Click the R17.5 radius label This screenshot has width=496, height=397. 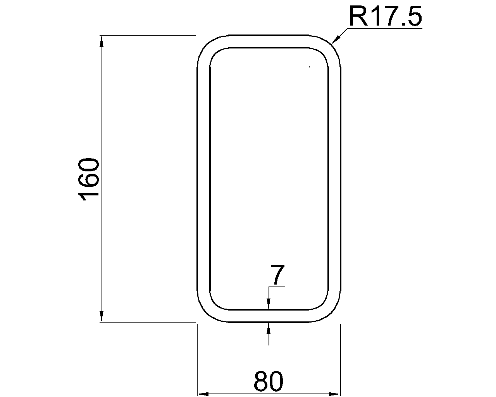[385, 16]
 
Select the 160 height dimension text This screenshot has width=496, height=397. [89, 180]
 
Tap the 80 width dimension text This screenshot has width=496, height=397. [269, 381]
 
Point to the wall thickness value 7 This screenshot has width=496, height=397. [277, 275]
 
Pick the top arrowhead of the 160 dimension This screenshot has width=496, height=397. [102, 41]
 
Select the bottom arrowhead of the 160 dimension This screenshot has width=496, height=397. [102, 316]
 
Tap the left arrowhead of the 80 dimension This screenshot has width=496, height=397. [203, 394]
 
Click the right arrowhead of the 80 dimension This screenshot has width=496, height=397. [334, 394]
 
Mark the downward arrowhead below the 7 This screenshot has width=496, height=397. [269, 305]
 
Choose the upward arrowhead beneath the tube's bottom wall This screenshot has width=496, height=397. [269, 328]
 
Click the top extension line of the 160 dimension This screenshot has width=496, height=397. [147, 35]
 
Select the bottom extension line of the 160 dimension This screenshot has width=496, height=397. [147, 322]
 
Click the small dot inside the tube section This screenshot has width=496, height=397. [309, 67]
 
